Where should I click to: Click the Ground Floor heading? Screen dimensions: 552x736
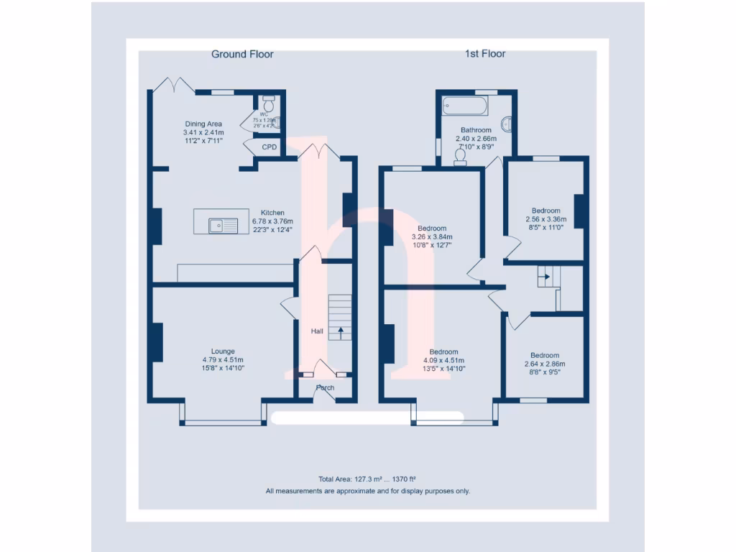[242, 54]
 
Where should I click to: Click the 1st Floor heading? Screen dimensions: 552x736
[485, 54]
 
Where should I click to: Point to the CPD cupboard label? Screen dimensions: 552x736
[270, 147]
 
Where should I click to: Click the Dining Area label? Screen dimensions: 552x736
[203, 124]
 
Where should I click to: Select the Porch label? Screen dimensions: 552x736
[325, 388]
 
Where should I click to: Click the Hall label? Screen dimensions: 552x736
[317, 331]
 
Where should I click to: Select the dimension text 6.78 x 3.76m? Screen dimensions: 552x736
[273, 221]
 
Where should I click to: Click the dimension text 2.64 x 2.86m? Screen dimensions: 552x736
[545, 364]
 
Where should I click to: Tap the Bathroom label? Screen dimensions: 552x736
[476, 130]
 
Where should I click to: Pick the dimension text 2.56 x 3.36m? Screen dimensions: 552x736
[546, 219]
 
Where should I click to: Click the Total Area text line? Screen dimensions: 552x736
[367, 479]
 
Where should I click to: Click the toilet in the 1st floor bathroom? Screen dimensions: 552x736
[460, 156]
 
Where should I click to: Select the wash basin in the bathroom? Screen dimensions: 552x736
[507, 124]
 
